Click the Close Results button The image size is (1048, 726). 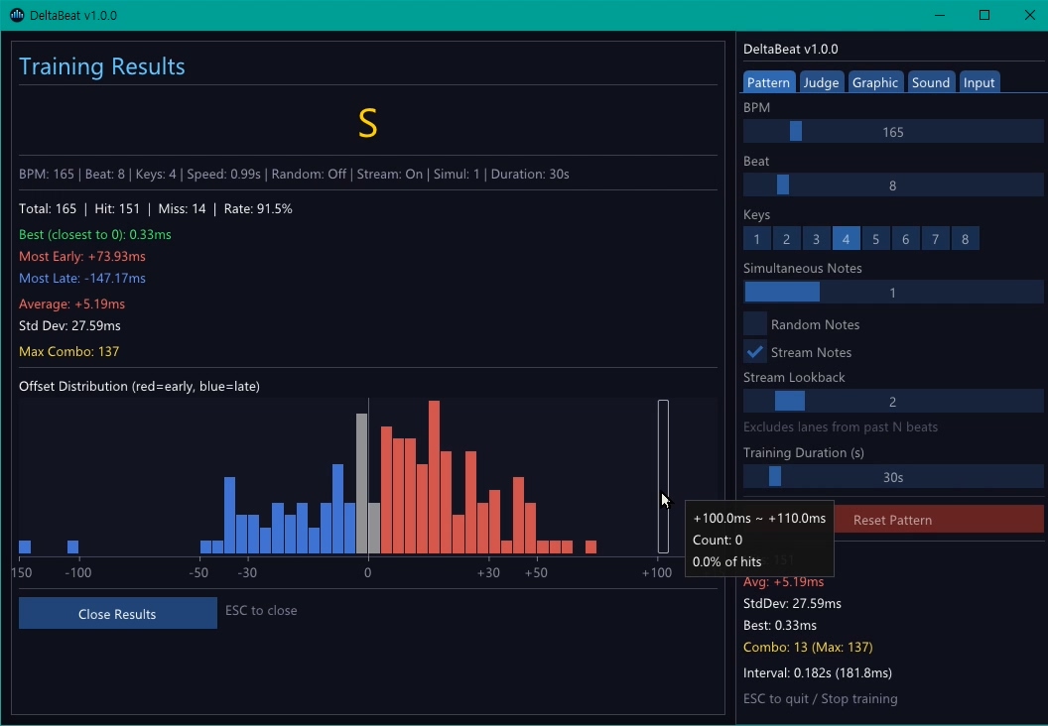[x=117, y=614]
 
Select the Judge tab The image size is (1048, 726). [x=821, y=82]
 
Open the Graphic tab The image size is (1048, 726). [x=874, y=82]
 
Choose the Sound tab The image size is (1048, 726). [x=931, y=82]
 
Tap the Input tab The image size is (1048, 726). [x=979, y=82]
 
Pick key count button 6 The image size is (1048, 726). [x=905, y=239]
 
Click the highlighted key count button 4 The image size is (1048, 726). [x=846, y=239]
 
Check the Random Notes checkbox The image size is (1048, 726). [x=755, y=324]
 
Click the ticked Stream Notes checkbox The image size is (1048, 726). [x=755, y=352]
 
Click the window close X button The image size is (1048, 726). [x=1029, y=15]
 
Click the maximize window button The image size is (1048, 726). [x=984, y=15]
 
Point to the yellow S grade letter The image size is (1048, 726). [x=367, y=123]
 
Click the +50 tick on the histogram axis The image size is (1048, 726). [x=536, y=573]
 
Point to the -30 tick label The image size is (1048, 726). [x=247, y=573]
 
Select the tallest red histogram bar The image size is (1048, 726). [x=434, y=477]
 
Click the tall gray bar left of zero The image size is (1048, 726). [x=362, y=483]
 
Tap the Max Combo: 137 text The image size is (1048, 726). [x=69, y=351]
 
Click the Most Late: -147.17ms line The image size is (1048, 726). [x=82, y=279]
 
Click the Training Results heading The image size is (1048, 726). [x=102, y=66]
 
